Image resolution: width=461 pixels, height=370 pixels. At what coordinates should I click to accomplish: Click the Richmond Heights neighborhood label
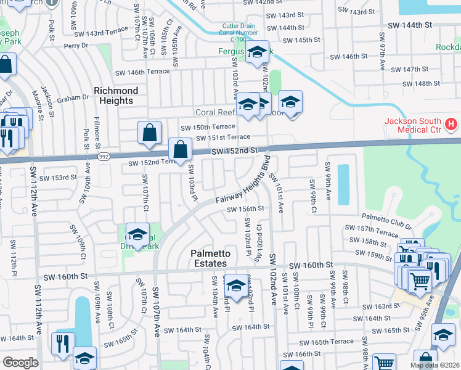116,96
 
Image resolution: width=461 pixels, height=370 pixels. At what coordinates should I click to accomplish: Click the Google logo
20,363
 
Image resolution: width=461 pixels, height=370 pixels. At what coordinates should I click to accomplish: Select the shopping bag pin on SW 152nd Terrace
179,150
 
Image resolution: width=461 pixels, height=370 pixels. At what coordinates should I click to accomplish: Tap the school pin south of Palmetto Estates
236,286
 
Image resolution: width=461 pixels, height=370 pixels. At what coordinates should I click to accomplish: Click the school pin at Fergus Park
256,54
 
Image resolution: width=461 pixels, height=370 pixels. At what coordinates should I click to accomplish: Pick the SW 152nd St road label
233,150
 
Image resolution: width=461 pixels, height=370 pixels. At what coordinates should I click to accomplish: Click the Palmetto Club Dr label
386,217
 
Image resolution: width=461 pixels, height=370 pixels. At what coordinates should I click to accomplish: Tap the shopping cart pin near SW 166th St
385,364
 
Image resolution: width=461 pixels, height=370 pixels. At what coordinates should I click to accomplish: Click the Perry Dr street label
76,46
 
